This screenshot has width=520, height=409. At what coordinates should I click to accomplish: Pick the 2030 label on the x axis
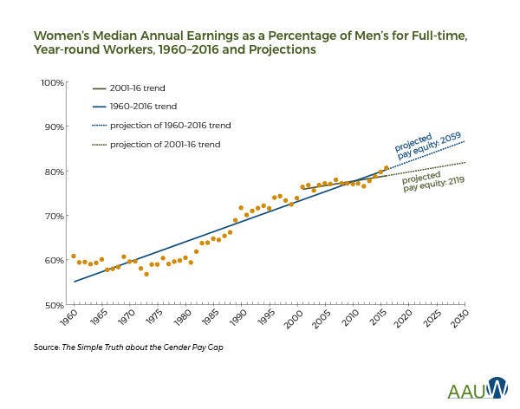[461, 316]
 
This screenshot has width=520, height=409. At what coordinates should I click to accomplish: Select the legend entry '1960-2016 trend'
[142, 107]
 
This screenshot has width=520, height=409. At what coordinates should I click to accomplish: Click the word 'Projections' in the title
[283, 50]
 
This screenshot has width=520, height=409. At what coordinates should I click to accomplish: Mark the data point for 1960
[74, 256]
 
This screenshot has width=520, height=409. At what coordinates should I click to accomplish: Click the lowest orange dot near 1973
[146, 274]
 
